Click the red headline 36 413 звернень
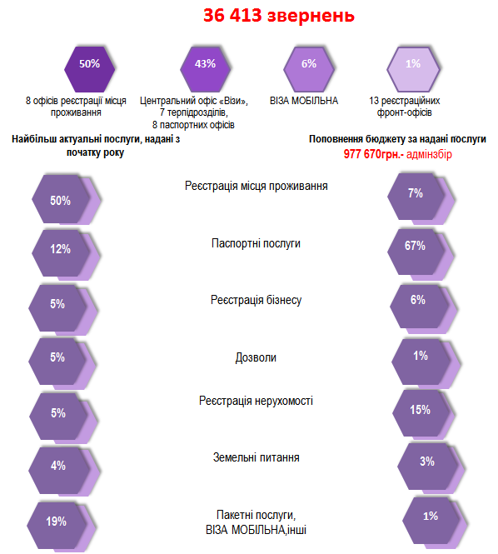coord(279,16)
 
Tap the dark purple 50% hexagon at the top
coord(90,69)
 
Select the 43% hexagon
coord(205,69)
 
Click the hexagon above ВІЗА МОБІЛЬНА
coord(309,69)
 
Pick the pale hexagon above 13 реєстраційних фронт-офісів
coord(413,69)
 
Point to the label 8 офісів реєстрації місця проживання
coord(76,107)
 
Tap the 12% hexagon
coord(61,253)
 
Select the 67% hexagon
coord(416,252)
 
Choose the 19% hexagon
coord(57,526)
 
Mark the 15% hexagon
coord(421,413)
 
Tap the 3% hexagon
coord(428,467)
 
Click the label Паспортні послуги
coord(256,243)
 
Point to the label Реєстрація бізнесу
coord(256,300)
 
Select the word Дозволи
coord(256,357)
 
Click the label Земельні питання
coord(256,457)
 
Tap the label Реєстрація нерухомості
coord(256,401)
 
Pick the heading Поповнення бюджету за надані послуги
coord(397,139)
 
